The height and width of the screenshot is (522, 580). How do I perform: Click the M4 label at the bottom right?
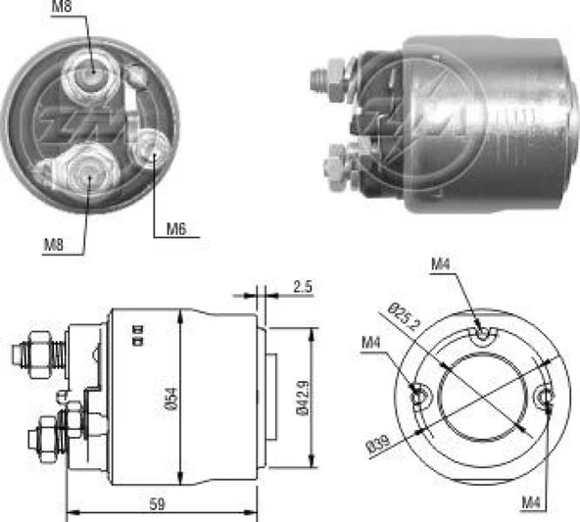point(531,503)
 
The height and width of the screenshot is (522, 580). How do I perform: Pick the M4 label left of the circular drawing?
point(370,341)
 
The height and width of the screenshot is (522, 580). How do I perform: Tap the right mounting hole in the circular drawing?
point(546,397)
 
